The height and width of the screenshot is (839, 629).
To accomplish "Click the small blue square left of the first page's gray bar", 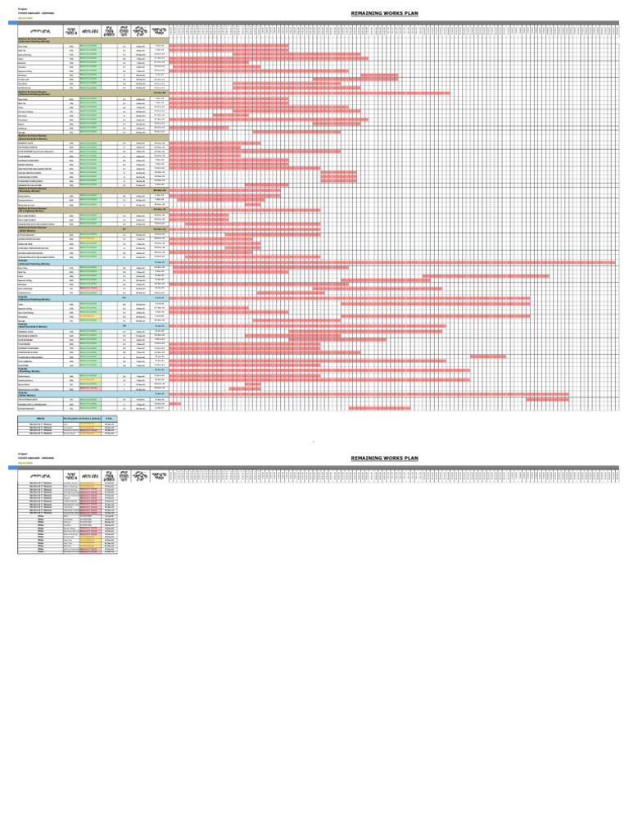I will (12, 23).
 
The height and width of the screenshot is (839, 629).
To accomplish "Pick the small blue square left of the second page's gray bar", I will (12, 468).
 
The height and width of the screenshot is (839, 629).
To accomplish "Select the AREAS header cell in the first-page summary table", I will (40, 418).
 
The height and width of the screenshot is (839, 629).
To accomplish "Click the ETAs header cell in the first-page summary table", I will (109, 418).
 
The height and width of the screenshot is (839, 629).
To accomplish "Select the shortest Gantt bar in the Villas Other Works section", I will (175, 404).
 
